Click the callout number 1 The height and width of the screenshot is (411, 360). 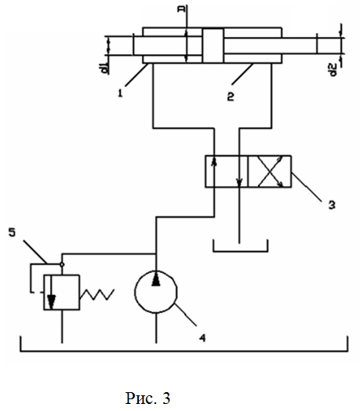pos(120,93)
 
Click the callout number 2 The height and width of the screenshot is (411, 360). pos(231,96)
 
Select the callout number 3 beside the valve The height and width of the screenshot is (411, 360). pos(332,205)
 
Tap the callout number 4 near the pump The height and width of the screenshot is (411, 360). pos(202,338)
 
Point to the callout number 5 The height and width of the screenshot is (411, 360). pos(12,232)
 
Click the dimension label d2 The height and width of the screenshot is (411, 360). pos(333,71)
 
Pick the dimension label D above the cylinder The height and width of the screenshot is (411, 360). pos(181,9)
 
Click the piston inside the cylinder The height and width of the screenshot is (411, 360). pos(213,45)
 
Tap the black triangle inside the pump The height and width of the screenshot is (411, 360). pos(156,279)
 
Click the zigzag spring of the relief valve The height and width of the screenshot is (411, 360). pos(97,295)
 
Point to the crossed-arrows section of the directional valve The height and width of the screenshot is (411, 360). pos(270,172)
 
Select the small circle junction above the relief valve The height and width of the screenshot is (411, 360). pos(62,264)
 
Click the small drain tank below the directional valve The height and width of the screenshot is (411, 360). pos(240,251)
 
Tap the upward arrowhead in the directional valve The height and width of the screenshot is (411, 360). pos(214,161)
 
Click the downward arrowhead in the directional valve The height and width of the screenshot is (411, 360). pos(239,183)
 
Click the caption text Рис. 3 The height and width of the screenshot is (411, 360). pos(148,398)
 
